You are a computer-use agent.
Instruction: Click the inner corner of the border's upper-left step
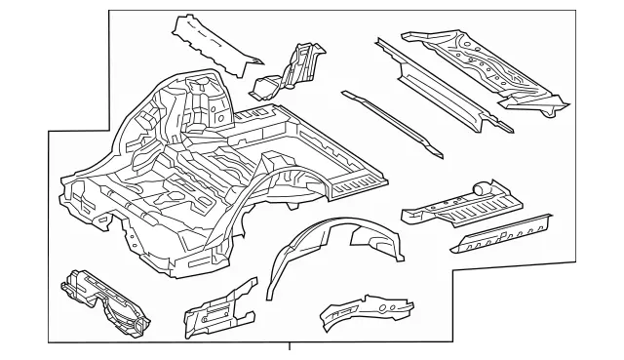pos(106,130)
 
